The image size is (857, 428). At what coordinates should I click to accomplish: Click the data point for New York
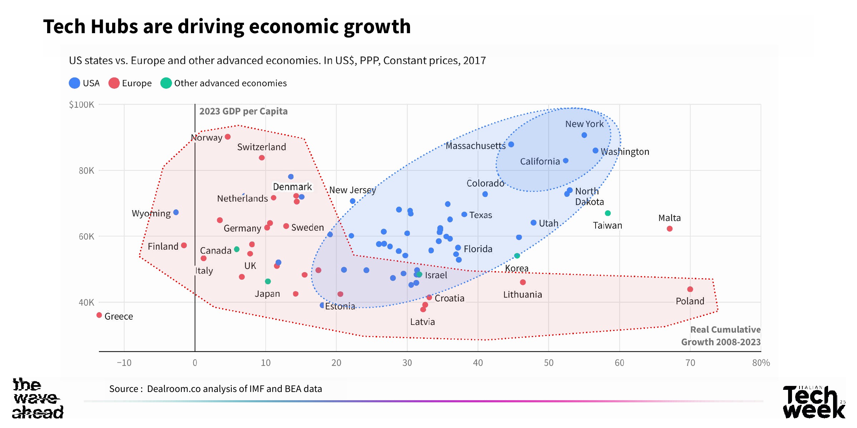click(x=584, y=135)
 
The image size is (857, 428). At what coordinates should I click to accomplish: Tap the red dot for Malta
click(x=670, y=229)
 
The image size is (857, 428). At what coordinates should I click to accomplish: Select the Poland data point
click(x=690, y=289)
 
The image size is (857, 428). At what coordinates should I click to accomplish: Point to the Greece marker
click(x=99, y=315)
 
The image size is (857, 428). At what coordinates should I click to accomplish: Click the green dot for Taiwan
click(x=608, y=213)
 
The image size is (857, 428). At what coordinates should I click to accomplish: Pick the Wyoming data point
click(x=176, y=212)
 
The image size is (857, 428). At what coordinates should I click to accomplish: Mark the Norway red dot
click(x=227, y=137)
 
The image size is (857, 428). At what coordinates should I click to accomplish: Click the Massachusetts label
click(x=475, y=146)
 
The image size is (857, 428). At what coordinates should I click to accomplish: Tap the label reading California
click(x=540, y=162)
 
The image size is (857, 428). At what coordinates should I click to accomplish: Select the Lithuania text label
click(x=522, y=295)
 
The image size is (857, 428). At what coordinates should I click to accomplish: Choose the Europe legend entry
click(x=130, y=83)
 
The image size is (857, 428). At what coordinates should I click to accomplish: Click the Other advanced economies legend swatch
click(x=166, y=83)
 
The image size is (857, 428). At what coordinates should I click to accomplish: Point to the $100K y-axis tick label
click(x=82, y=105)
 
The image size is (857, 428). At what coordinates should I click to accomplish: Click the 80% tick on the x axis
click(x=761, y=363)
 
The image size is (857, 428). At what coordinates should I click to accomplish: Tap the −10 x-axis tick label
click(x=124, y=363)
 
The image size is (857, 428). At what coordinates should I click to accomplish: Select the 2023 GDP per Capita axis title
click(x=243, y=111)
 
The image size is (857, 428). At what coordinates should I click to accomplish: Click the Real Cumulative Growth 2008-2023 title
click(x=721, y=336)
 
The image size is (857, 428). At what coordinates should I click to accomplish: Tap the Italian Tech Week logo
click(x=814, y=402)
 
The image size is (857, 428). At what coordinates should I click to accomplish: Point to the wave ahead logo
click(x=37, y=398)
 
